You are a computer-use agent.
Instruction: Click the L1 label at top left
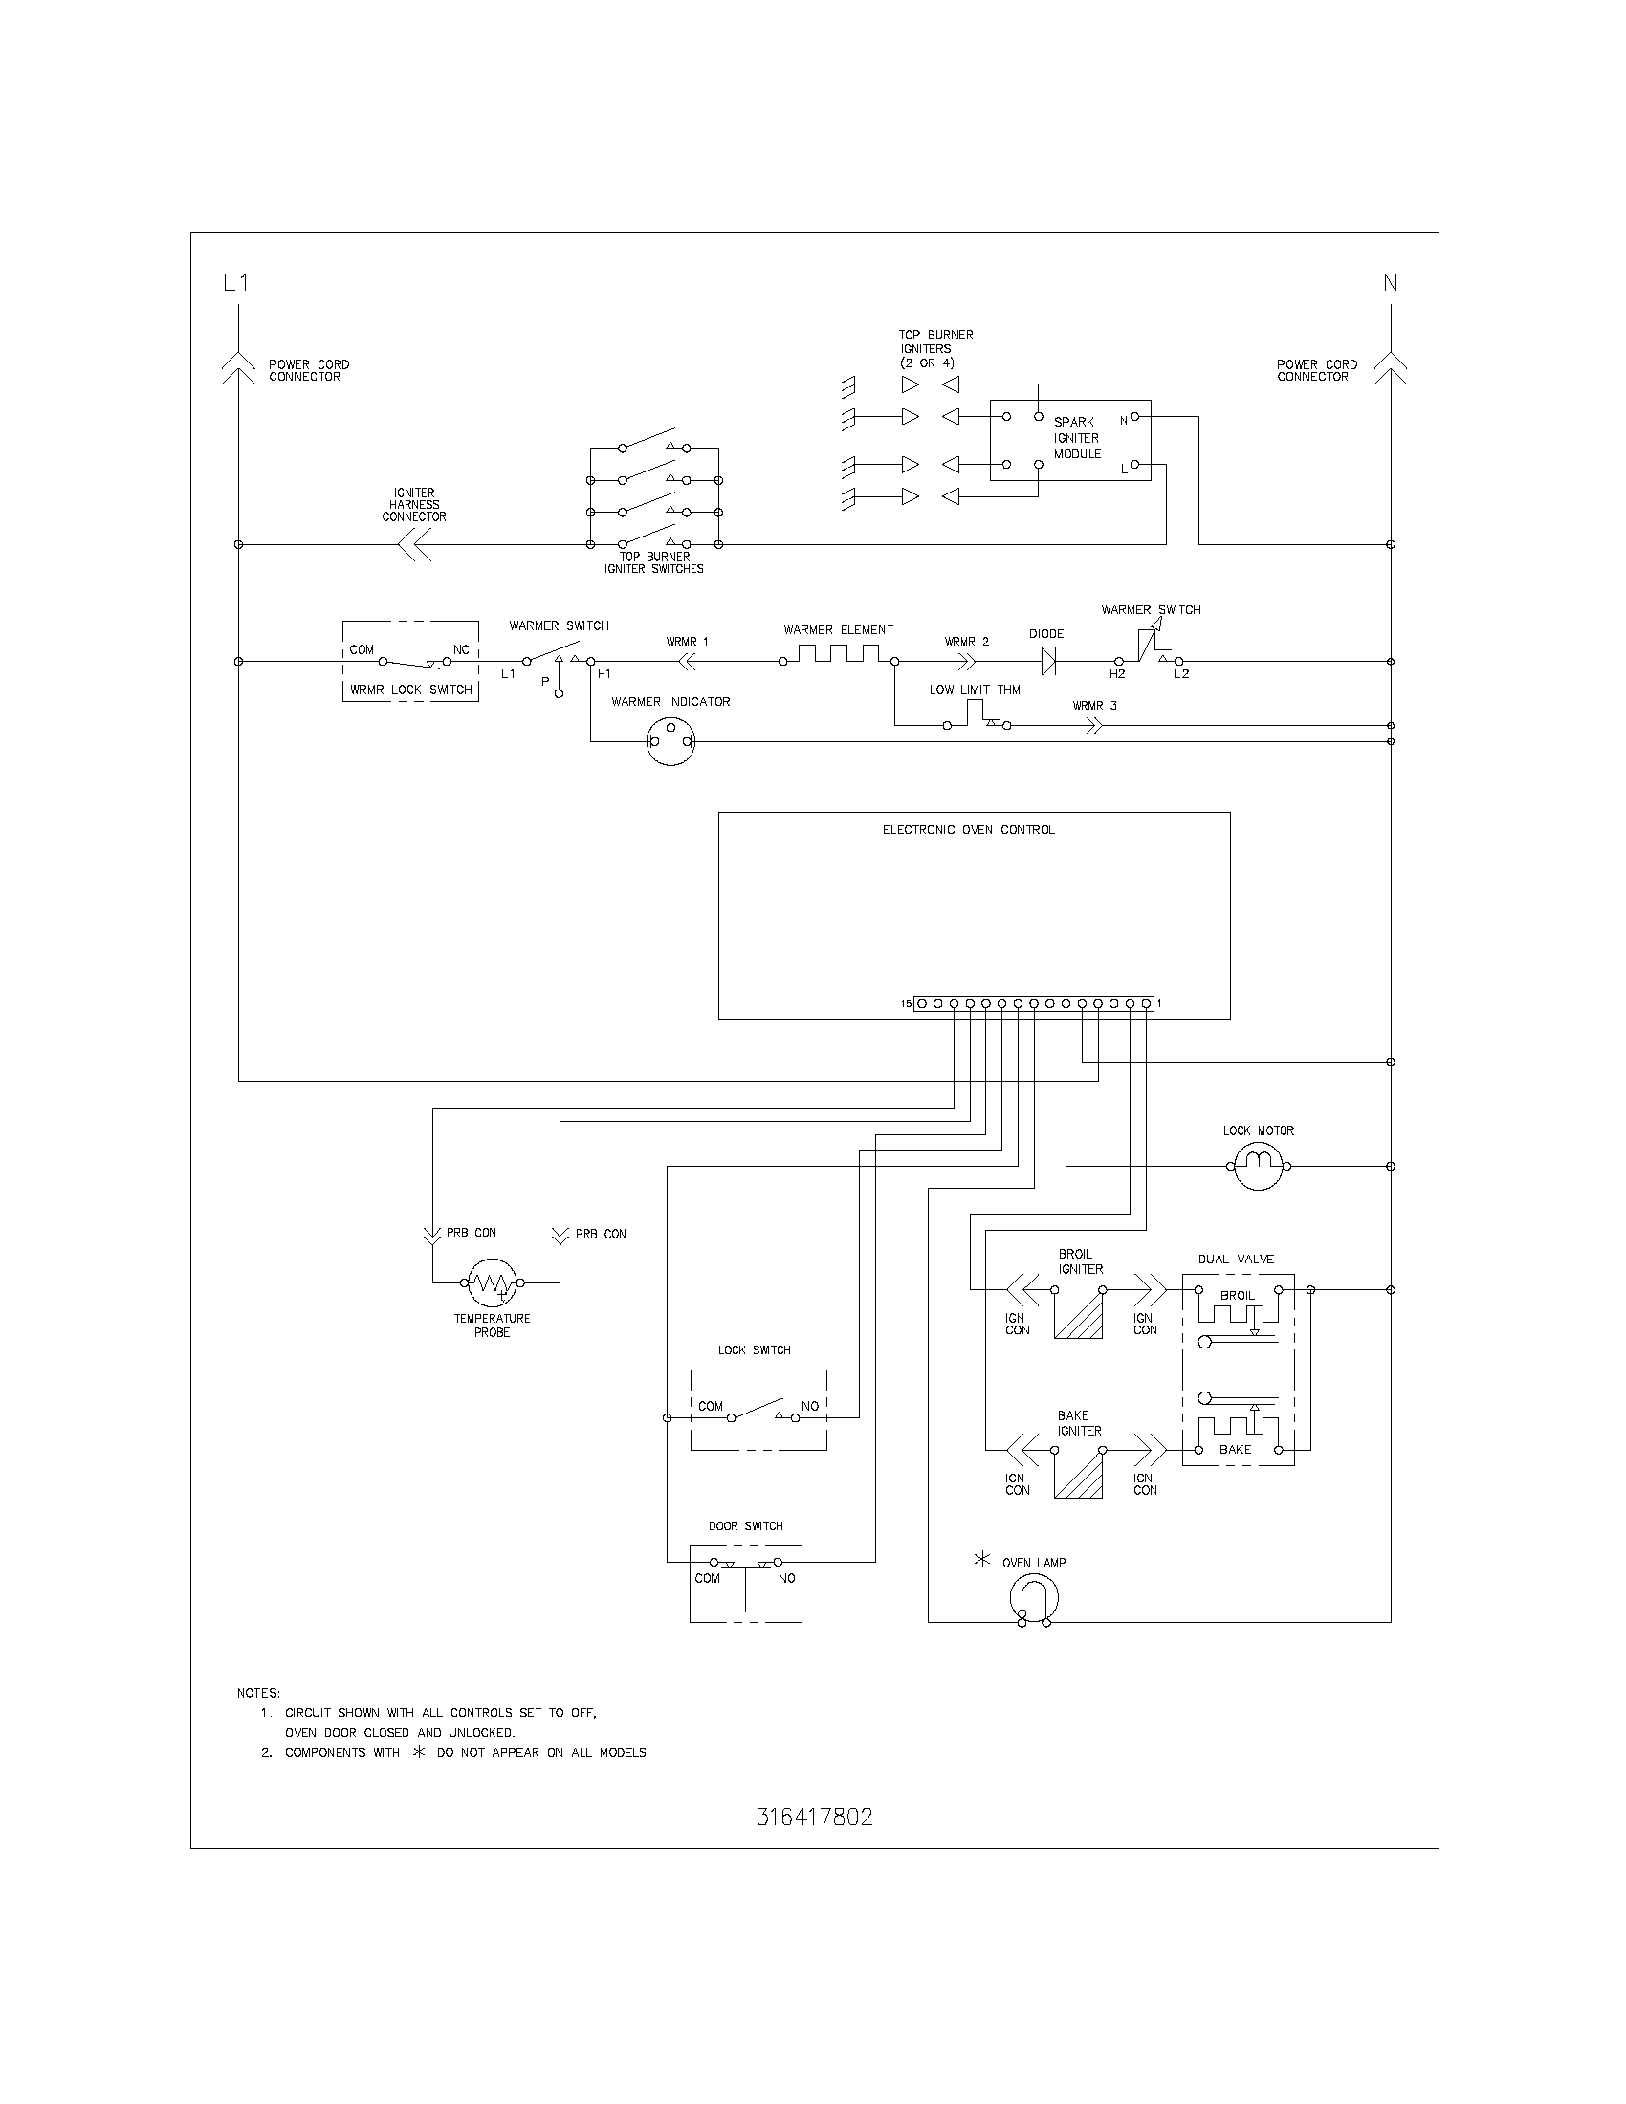click(236, 282)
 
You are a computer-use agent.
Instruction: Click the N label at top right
click(1390, 282)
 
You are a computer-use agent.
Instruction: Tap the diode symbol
click(1047, 661)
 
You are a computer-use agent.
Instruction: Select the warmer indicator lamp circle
click(670, 741)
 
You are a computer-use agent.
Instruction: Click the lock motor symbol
click(1258, 1166)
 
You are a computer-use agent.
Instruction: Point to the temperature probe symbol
click(493, 1282)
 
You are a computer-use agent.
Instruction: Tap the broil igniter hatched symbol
click(1078, 1313)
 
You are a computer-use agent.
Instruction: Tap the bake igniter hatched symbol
click(1078, 1474)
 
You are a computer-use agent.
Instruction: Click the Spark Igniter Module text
click(1076, 437)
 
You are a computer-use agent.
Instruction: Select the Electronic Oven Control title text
click(968, 829)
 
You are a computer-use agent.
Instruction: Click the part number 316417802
click(814, 1817)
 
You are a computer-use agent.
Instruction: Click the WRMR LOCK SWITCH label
click(410, 690)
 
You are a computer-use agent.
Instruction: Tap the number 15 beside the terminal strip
click(906, 1004)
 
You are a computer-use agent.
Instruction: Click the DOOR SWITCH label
click(746, 1526)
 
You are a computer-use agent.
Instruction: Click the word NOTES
click(258, 1693)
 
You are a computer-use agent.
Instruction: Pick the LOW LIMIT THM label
click(974, 690)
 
